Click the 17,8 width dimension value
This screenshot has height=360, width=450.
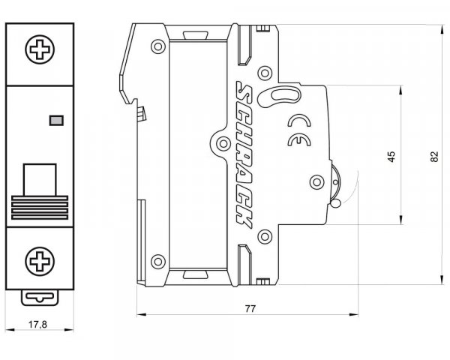pos(37,325)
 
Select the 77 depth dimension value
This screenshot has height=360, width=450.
pos(250,309)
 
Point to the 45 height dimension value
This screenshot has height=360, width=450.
pos(391,156)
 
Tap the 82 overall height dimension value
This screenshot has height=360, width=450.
pos(434,157)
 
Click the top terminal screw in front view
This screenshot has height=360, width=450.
pos(40,49)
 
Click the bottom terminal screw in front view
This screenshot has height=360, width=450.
pos(40,261)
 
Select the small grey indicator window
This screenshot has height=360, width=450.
pos(56,121)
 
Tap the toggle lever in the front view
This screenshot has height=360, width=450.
pos(40,191)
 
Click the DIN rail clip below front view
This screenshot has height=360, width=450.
pos(40,298)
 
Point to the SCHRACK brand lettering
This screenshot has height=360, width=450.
pos(244,154)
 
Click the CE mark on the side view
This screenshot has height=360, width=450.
pos(299,140)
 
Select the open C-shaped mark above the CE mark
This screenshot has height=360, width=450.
pos(299,121)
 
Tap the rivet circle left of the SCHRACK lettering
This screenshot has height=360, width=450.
pos(223,143)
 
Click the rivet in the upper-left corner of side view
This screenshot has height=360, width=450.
pos(158,46)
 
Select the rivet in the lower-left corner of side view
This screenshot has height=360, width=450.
pos(158,262)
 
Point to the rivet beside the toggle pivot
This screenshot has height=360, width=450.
pos(316,182)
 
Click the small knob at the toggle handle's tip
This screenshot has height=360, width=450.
pos(335,203)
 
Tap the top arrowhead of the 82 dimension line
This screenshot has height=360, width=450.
pos(442,28)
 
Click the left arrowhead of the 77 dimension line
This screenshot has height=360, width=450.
pos(141,315)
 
